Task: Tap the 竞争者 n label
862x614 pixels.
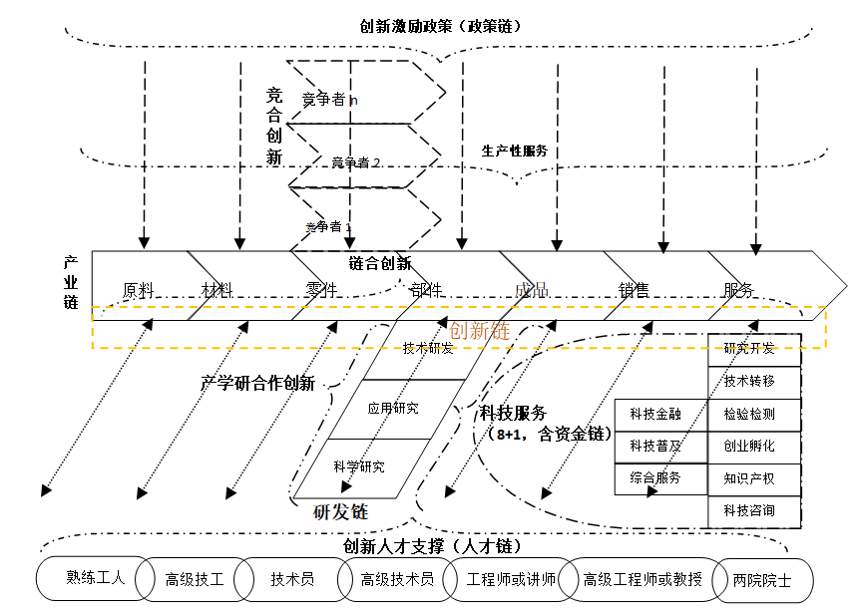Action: pyautogui.click(x=330, y=99)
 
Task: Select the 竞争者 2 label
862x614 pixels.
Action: pyautogui.click(x=355, y=162)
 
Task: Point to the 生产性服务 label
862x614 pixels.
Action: pyautogui.click(x=515, y=152)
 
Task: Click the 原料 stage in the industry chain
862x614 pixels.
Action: pyautogui.click(x=138, y=290)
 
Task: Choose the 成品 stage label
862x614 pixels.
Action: pyautogui.click(x=532, y=290)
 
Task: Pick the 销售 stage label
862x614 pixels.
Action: pyautogui.click(x=634, y=290)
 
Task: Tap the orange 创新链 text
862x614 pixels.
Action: pyautogui.click(x=480, y=331)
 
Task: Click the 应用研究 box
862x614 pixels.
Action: pyautogui.click(x=393, y=408)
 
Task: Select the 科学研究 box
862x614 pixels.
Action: pyautogui.click(x=359, y=465)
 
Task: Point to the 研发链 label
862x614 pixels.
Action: pyautogui.click(x=341, y=511)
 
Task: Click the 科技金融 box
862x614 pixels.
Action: pyautogui.click(x=655, y=415)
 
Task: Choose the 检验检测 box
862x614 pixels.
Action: pyautogui.click(x=749, y=415)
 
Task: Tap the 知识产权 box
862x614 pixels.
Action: pyautogui.click(x=749, y=478)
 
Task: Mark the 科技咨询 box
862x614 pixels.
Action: pyautogui.click(x=749, y=511)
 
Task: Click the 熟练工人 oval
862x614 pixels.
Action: pyautogui.click(x=95, y=577)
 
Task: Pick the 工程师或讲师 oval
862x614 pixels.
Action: pyautogui.click(x=505, y=578)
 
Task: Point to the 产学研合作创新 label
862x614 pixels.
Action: pyautogui.click(x=257, y=383)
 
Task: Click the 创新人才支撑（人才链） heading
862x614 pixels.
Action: pyautogui.click(x=432, y=546)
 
